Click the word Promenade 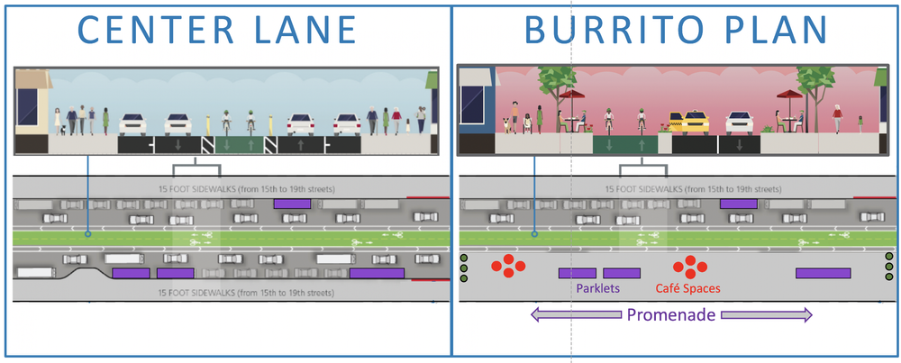click(x=671, y=315)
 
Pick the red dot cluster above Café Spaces click(x=691, y=266)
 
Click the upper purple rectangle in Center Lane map click(x=293, y=204)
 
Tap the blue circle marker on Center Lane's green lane click(x=87, y=235)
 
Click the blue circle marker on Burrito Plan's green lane click(x=533, y=235)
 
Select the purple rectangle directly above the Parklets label click(x=577, y=273)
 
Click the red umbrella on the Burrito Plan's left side click(x=573, y=93)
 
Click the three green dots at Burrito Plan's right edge click(x=889, y=268)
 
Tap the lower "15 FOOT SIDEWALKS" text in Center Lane click(x=232, y=293)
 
